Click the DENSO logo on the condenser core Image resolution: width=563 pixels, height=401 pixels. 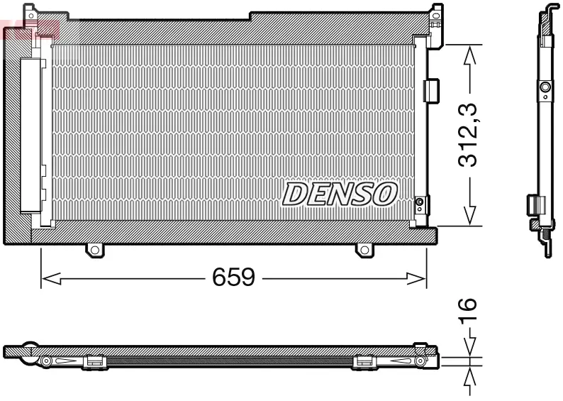pos(340,193)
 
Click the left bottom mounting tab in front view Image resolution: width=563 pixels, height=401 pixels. pos(94,249)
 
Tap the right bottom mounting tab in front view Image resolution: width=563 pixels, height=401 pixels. pos(364,249)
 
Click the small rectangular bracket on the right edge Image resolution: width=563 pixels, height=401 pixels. pos(430,90)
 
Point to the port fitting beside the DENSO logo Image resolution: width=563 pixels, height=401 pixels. pos(420,205)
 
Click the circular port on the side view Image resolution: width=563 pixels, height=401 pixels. pos(545,87)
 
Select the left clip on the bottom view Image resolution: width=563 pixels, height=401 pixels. pos(94,362)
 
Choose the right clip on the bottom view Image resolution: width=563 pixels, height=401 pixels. pos(364,362)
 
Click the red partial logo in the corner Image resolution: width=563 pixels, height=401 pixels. pos(28,28)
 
